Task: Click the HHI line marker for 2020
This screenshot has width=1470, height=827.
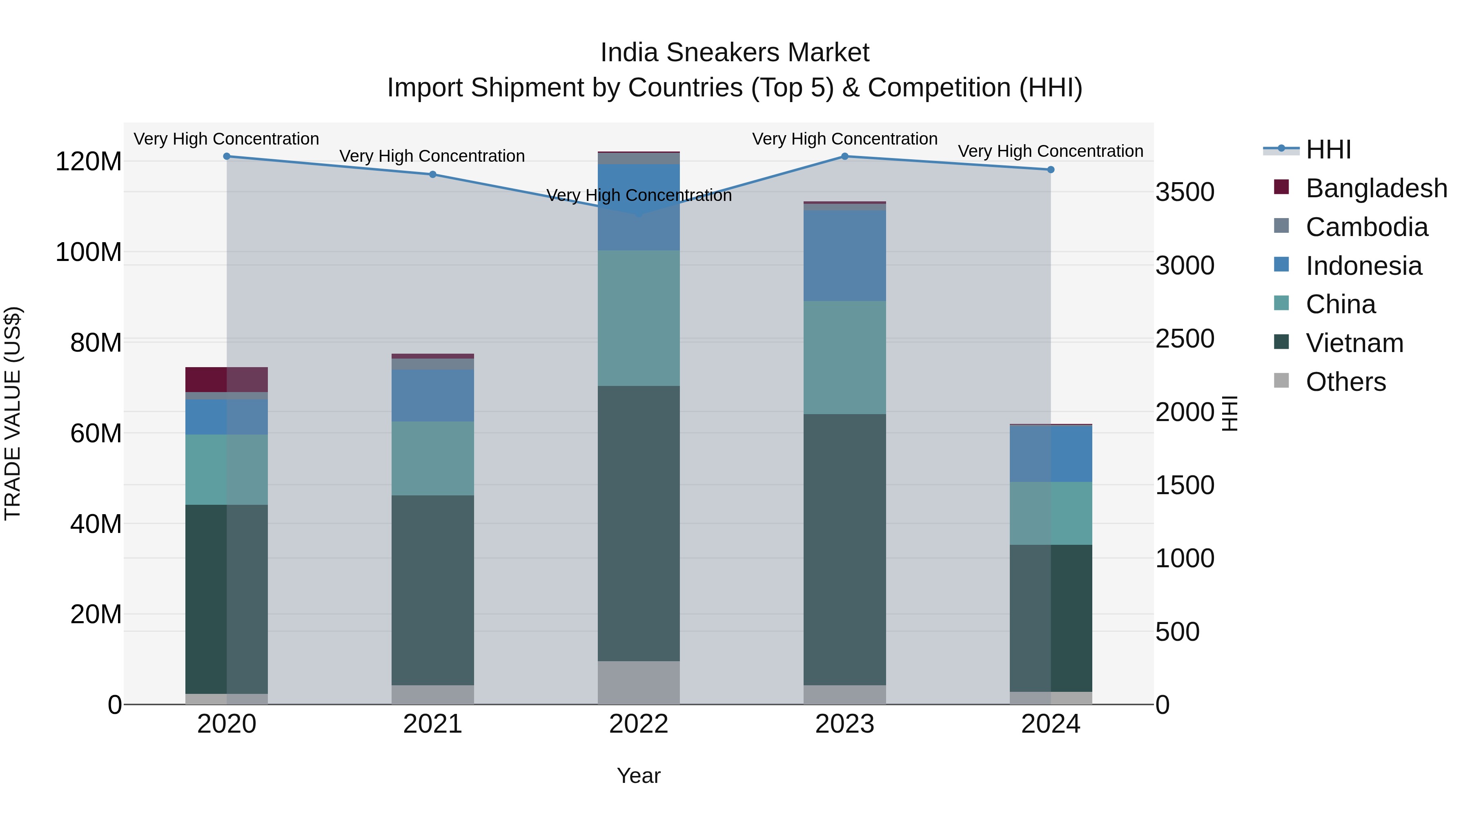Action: pyautogui.click(x=227, y=156)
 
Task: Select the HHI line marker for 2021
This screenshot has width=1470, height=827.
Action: pyautogui.click(x=432, y=175)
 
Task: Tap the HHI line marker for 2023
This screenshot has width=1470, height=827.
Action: pyautogui.click(x=844, y=156)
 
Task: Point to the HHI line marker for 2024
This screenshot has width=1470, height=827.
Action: pyautogui.click(x=1051, y=169)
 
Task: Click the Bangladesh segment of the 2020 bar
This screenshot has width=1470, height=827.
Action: pyautogui.click(x=227, y=379)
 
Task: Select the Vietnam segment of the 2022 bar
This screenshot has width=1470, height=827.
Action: pyautogui.click(x=639, y=524)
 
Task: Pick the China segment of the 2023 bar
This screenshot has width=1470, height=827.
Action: pyautogui.click(x=844, y=357)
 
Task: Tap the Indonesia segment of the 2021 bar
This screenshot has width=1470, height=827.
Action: pyautogui.click(x=432, y=395)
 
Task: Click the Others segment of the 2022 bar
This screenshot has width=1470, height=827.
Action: pyautogui.click(x=639, y=682)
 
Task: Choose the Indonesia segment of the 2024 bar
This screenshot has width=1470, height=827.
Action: pyautogui.click(x=1051, y=454)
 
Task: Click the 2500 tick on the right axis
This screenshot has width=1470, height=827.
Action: pyautogui.click(x=1185, y=339)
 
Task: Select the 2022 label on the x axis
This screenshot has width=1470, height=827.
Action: pyautogui.click(x=639, y=724)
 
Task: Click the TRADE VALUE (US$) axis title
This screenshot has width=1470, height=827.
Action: pyautogui.click(x=13, y=413)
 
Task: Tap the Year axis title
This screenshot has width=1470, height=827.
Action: pyautogui.click(x=639, y=776)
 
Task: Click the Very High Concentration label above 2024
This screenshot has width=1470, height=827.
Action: pyautogui.click(x=1051, y=151)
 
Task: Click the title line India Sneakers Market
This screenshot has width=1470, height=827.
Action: pyautogui.click(x=735, y=53)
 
